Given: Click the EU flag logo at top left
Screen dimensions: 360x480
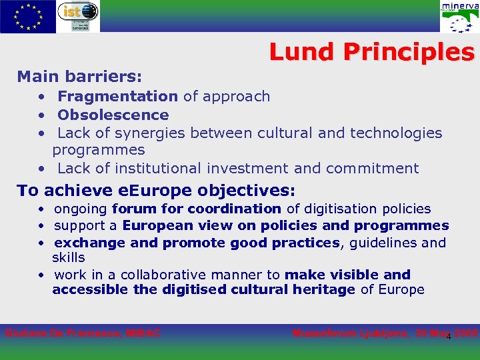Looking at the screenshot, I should [x=28, y=16].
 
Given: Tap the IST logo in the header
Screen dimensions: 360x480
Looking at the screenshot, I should [x=78, y=16].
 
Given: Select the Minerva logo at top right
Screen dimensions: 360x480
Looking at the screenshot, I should [x=459, y=17].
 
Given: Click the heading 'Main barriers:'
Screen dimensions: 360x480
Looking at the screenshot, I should [x=79, y=77].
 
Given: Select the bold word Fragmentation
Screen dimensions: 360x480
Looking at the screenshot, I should [x=118, y=97].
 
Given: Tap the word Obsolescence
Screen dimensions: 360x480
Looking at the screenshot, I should [x=113, y=115].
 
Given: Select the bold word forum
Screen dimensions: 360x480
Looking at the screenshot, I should [x=131, y=209].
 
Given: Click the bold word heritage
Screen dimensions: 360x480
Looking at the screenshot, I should [x=323, y=289].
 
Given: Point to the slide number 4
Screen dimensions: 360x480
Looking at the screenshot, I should [x=449, y=336].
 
